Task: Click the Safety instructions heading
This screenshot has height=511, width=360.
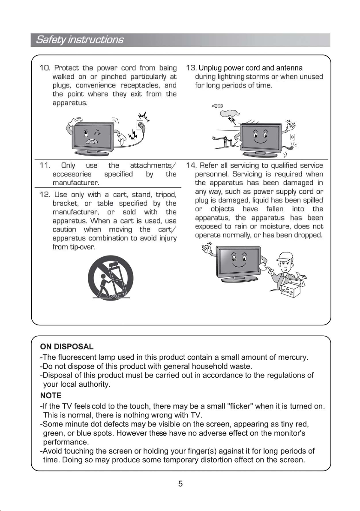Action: coord(80,40)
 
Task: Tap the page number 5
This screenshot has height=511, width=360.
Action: coord(180,484)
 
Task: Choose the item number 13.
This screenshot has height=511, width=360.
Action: coord(192,68)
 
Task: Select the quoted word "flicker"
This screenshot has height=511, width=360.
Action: coord(231,406)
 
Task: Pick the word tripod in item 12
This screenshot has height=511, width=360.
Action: coord(166,195)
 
